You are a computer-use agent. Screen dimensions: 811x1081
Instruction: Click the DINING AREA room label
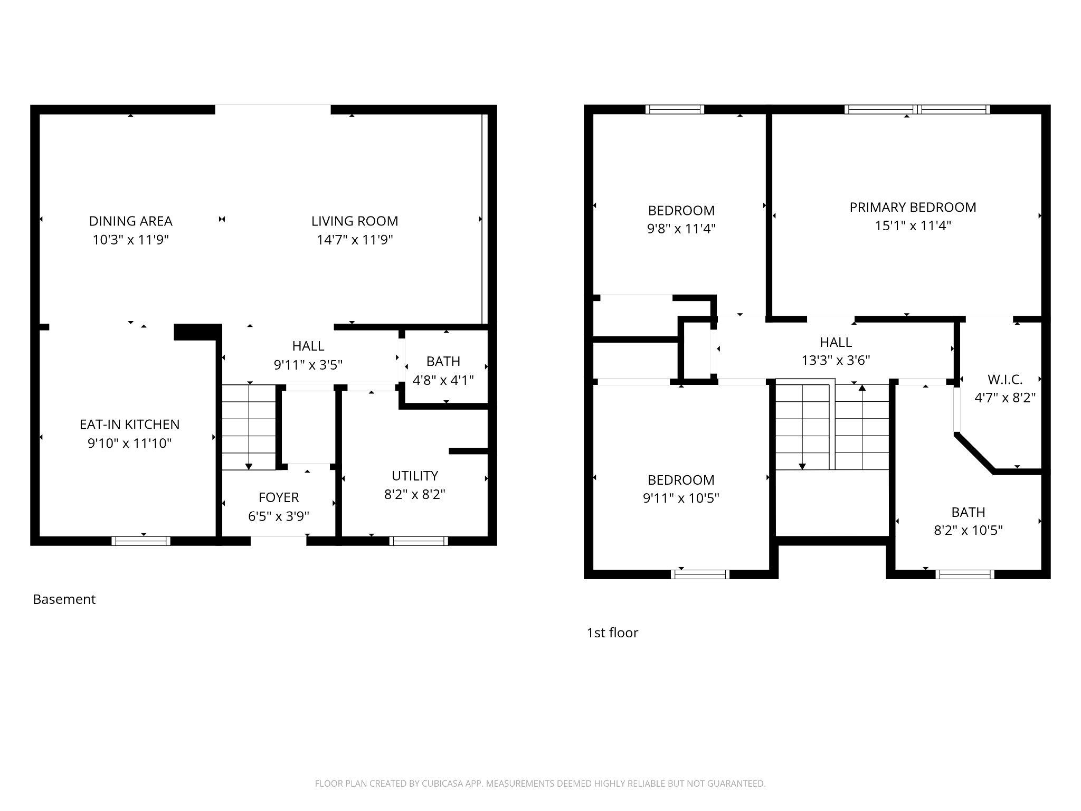tap(130, 221)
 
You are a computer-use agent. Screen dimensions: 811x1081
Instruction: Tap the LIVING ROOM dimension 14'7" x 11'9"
tap(355, 240)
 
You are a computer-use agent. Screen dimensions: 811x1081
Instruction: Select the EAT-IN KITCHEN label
tap(129, 424)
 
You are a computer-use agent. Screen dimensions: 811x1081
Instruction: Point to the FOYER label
tap(279, 497)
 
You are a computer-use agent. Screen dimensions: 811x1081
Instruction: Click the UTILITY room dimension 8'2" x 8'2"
tap(414, 494)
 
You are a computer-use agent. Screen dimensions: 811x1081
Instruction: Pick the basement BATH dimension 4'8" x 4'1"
tap(443, 380)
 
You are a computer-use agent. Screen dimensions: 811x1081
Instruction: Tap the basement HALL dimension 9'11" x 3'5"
tap(308, 364)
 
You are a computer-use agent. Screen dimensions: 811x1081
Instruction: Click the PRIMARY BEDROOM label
tap(913, 207)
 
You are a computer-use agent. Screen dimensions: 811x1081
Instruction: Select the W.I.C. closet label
tap(1005, 379)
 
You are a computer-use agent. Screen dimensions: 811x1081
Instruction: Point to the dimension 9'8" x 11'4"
tap(681, 229)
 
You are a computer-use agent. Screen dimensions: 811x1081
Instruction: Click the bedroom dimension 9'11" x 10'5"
tap(681, 498)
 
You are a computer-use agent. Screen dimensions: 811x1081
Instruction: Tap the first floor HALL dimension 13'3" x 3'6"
tap(836, 360)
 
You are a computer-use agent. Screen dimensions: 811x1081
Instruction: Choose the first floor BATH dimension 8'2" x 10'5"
tap(968, 530)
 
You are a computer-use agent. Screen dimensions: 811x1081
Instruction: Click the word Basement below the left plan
tap(64, 599)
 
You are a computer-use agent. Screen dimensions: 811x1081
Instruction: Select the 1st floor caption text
tap(612, 633)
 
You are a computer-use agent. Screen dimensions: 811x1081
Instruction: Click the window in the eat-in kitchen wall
tap(141, 541)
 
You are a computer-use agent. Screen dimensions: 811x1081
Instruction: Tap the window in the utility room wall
tap(419, 541)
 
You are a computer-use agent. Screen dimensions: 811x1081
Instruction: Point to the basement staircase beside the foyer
tap(249, 428)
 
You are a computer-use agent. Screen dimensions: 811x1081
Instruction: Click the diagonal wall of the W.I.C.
tap(974, 453)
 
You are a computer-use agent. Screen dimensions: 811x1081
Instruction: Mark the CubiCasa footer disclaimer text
tap(540, 784)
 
